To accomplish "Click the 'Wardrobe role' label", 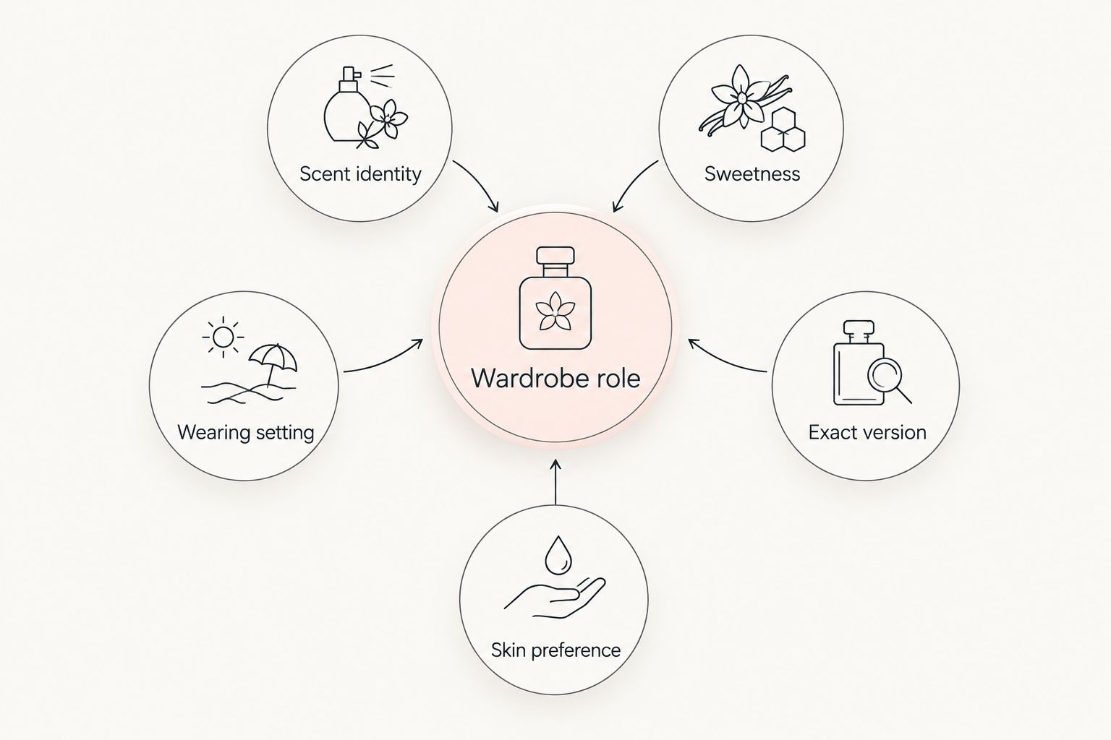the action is coord(555,378).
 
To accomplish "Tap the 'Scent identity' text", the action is coord(360,174).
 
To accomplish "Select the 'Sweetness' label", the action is coord(752,174).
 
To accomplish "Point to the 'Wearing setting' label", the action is coord(245,432).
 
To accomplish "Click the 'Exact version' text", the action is coord(867,432).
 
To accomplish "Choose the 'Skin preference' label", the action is coord(555,650).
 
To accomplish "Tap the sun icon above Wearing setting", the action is coord(224,337).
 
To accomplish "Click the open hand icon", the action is coord(555,598).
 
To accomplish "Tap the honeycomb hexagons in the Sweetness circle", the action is coord(783,129).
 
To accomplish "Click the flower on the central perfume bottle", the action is coord(555,311).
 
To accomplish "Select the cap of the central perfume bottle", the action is coord(555,255).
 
